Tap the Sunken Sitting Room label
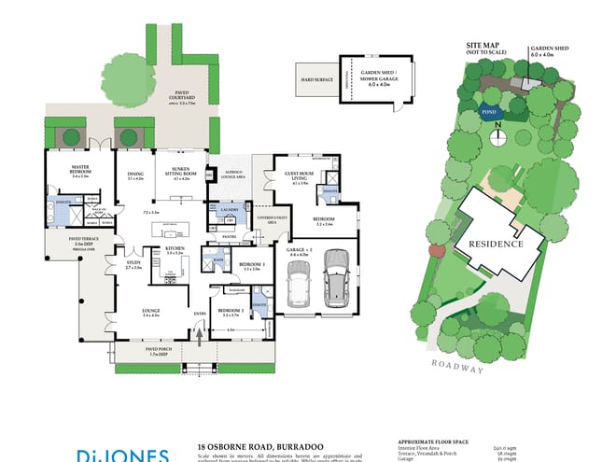(x=175, y=171)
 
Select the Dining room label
(x=135, y=174)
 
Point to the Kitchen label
(x=175, y=250)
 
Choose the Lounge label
(x=152, y=312)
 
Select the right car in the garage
(x=336, y=278)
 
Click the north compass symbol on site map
(x=499, y=132)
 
